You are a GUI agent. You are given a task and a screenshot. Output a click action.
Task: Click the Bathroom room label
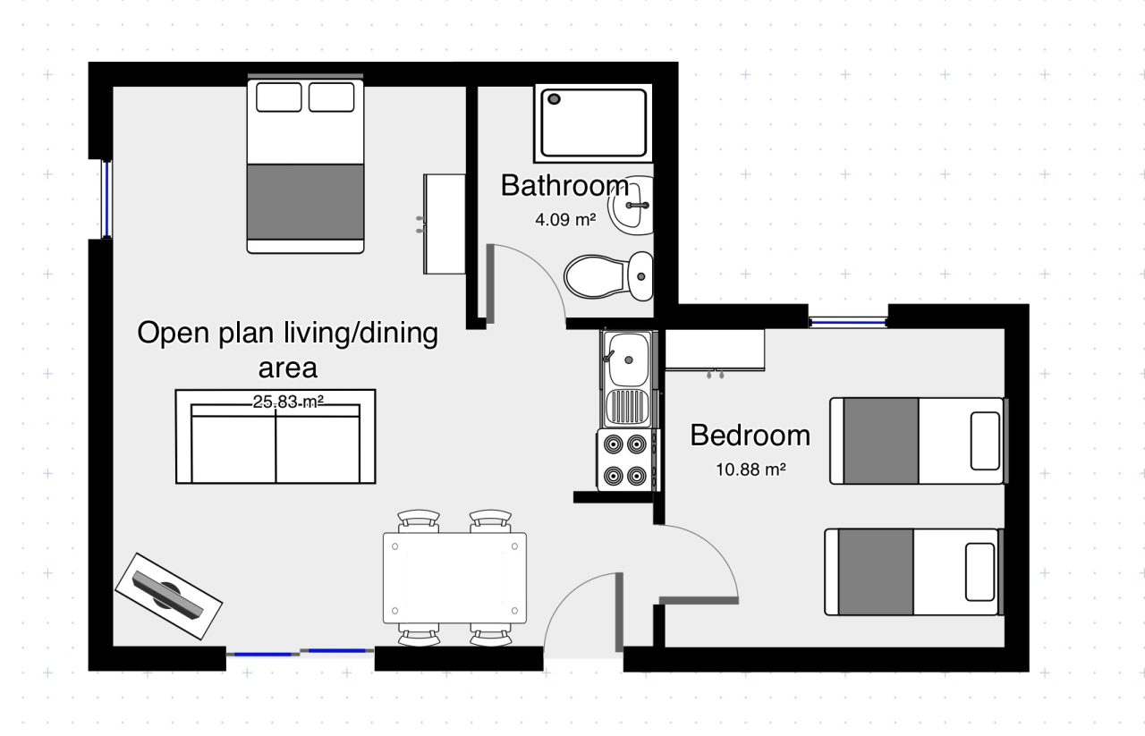click(x=564, y=185)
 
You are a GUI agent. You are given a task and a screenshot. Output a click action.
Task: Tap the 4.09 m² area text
click(x=565, y=220)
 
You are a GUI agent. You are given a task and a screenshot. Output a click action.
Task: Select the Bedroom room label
click(x=750, y=436)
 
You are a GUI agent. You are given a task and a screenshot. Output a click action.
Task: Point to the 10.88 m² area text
click(x=751, y=470)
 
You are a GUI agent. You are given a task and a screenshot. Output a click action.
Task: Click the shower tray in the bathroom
click(x=593, y=123)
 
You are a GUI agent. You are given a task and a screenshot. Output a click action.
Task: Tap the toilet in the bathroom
click(x=608, y=276)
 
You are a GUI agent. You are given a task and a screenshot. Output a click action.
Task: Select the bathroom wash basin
click(x=631, y=206)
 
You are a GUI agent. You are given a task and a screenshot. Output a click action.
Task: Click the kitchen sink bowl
click(x=628, y=360)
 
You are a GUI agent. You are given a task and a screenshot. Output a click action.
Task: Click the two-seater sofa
click(x=276, y=436)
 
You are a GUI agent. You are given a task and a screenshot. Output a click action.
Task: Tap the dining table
click(x=454, y=578)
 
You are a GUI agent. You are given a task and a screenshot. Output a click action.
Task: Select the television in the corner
click(x=168, y=596)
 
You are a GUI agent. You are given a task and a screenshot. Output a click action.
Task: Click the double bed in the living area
click(x=305, y=165)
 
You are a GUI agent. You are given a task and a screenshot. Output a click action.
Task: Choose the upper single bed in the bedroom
click(x=919, y=441)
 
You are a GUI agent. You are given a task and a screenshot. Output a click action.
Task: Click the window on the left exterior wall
click(x=106, y=199)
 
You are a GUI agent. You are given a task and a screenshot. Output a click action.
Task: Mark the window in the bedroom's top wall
click(x=848, y=323)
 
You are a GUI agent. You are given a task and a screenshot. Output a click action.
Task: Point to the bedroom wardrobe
click(x=715, y=350)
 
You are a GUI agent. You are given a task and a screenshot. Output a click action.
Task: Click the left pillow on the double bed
click(x=278, y=97)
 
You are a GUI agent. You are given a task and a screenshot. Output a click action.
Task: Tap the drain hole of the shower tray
click(x=554, y=99)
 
